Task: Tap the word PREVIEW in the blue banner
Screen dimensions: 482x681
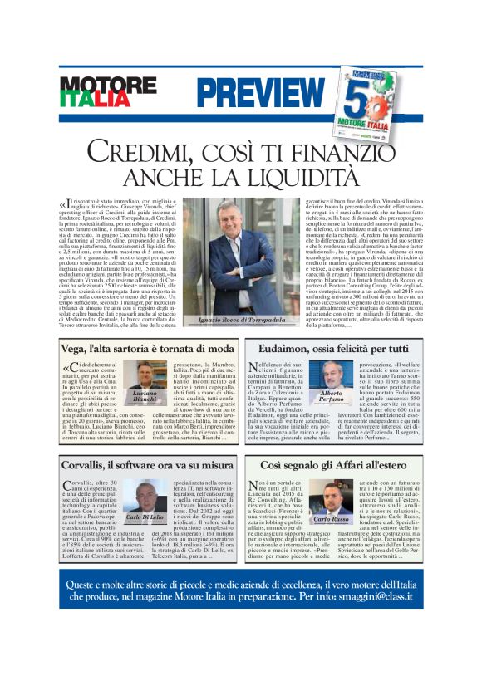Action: [248, 91]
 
